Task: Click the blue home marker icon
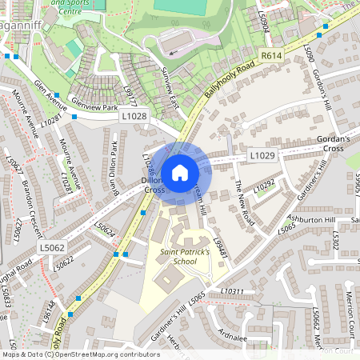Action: (x=180, y=173)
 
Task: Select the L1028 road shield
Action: (x=135, y=117)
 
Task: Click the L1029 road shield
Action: (x=262, y=155)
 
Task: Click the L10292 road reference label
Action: (x=264, y=186)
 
